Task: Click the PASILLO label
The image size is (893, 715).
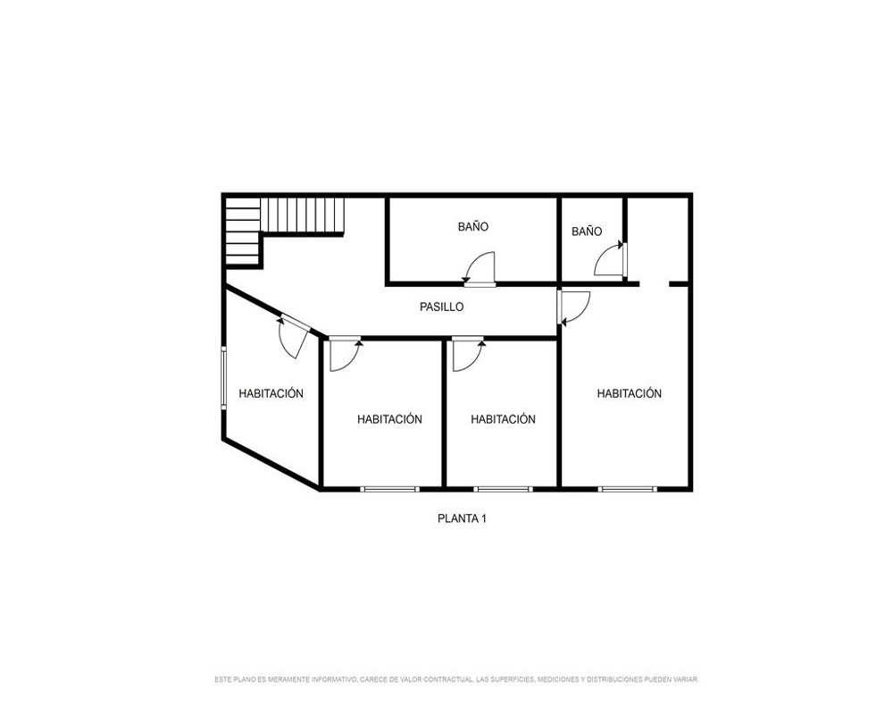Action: point(441,307)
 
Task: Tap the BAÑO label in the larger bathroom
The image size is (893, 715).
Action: point(472,226)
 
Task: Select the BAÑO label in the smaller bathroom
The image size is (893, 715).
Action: point(587,231)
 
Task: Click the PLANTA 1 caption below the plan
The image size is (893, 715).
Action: point(462,519)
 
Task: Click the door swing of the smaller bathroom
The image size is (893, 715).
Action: point(610,260)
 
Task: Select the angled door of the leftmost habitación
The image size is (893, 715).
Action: point(294,336)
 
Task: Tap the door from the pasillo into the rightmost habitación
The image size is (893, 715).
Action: point(573,307)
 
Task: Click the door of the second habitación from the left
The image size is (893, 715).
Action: point(345,355)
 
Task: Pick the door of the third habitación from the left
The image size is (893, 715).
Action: point(468,355)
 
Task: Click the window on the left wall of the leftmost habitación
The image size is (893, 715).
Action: point(224,377)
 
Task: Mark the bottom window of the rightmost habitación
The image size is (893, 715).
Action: point(627,489)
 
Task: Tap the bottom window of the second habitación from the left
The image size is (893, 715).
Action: point(389,489)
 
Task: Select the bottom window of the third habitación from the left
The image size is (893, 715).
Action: point(503,489)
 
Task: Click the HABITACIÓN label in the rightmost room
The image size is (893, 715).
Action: point(630,393)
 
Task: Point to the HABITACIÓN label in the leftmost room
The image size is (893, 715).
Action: point(271,393)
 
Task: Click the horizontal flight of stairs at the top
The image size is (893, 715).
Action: point(303,215)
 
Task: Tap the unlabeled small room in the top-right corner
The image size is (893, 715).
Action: point(658,240)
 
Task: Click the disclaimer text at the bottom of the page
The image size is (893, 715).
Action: point(456,679)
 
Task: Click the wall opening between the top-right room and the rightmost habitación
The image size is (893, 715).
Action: point(655,283)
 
